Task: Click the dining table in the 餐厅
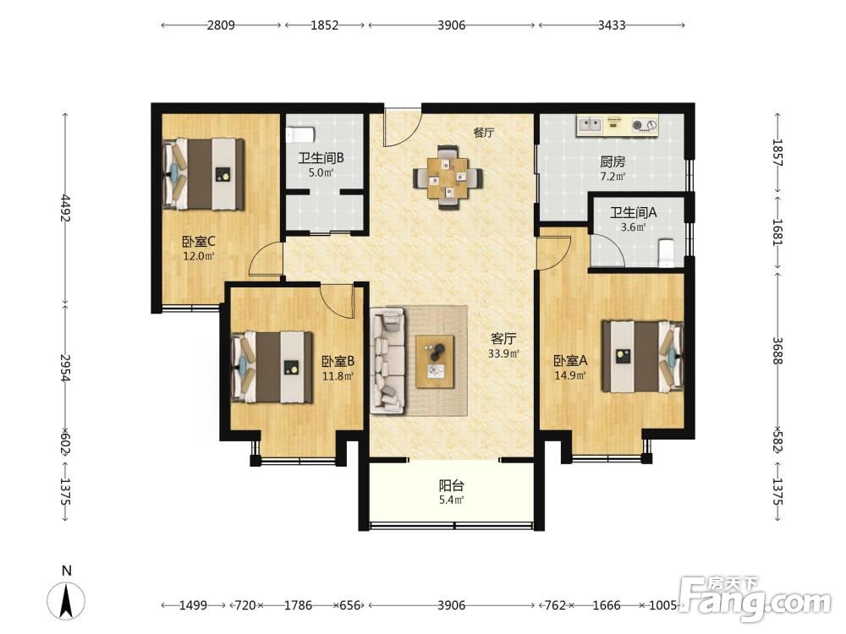click(448, 177)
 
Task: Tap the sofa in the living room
click(387, 361)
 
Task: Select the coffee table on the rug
click(435, 361)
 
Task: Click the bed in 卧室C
click(203, 174)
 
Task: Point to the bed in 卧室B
click(272, 367)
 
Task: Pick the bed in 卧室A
click(643, 357)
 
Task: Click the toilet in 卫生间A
click(667, 254)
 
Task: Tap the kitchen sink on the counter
click(590, 125)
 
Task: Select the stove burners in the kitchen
click(644, 125)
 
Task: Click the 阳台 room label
click(451, 485)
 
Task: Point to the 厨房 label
click(613, 161)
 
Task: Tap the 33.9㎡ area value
click(503, 353)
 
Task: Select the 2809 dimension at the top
click(221, 25)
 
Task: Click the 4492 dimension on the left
click(65, 208)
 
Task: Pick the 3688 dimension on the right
click(777, 351)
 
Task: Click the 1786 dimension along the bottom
click(298, 605)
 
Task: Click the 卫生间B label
click(321, 158)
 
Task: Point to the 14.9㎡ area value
click(570, 375)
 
